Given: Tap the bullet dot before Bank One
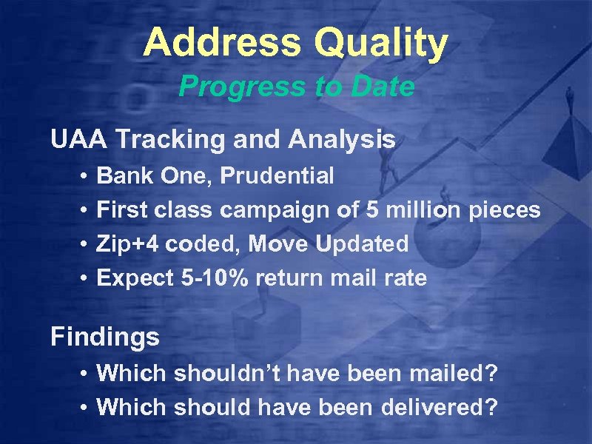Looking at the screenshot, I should [85, 177].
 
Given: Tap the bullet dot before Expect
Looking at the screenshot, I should [85, 279].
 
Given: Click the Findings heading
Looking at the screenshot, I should [105, 338].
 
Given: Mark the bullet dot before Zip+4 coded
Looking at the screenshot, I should [85, 245].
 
